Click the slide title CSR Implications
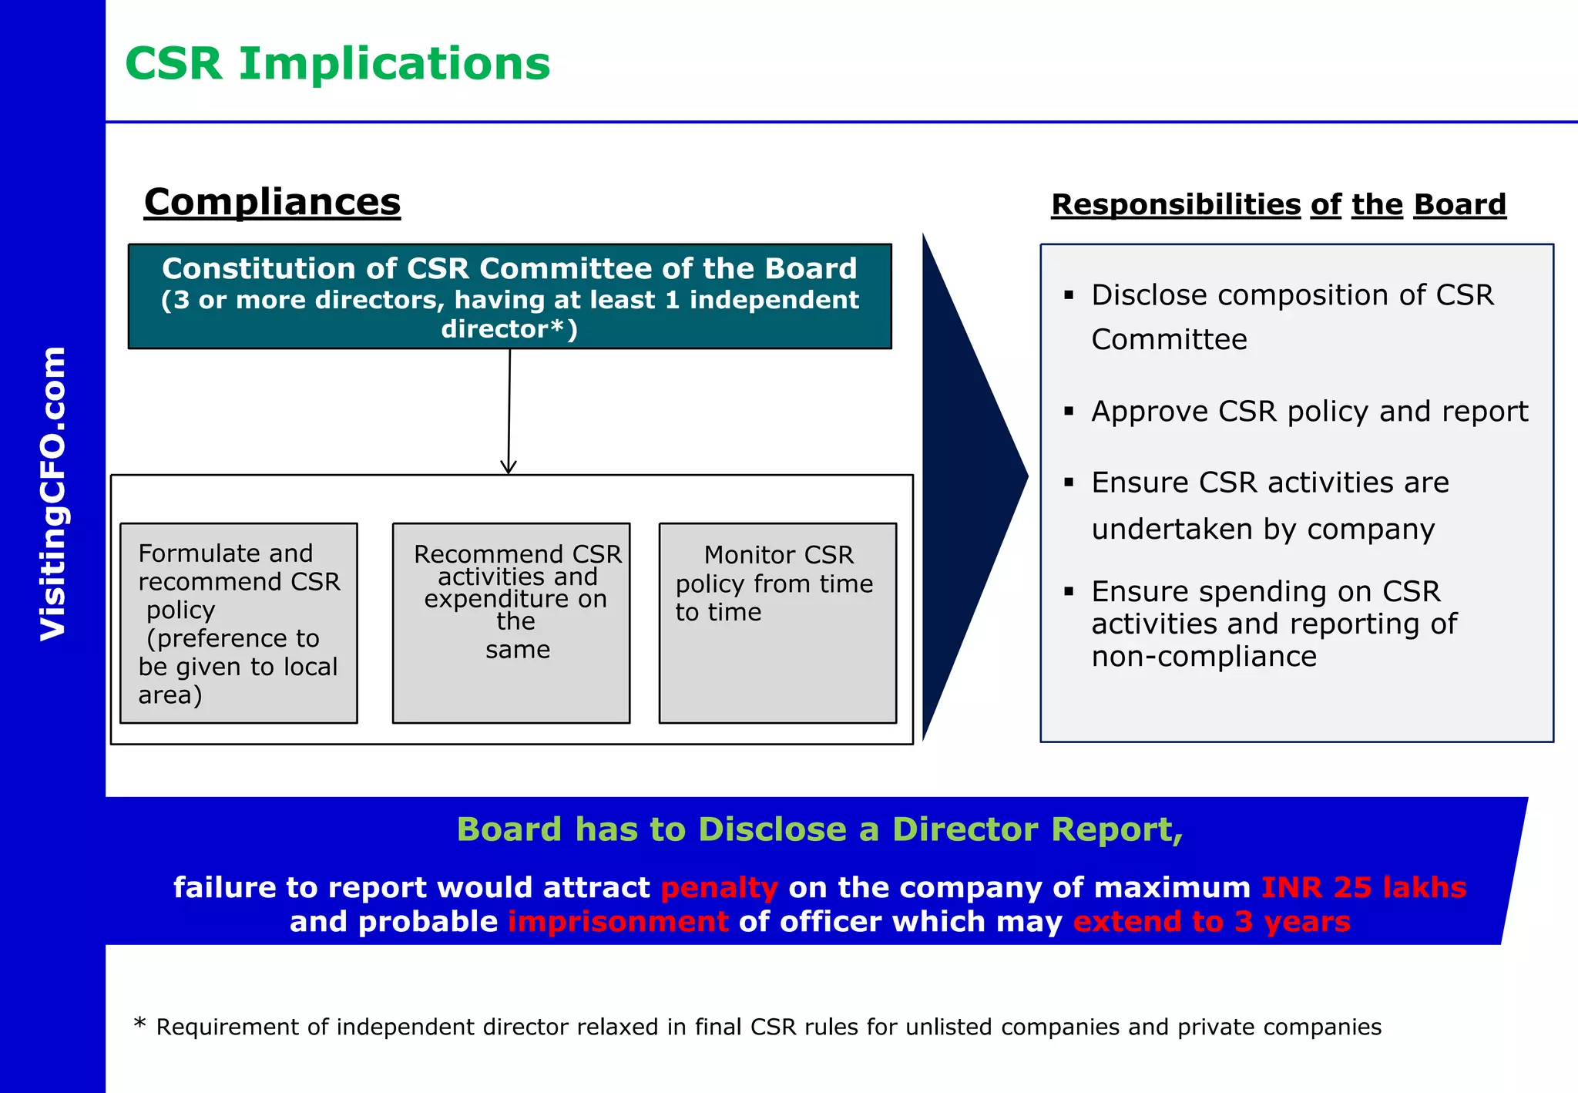(337, 64)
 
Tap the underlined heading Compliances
(272, 202)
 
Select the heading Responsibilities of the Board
(1278, 205)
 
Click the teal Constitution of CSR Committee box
(509, 297)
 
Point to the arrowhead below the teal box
(508, 466)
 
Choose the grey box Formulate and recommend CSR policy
(239, 623)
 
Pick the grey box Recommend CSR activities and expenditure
(511, 623)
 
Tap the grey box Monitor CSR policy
(777, 623)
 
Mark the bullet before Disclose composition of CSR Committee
(1069, 295)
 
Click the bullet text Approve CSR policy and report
(1309, 412)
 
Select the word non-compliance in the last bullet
(1204, 657)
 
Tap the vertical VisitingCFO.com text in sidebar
(54, 493)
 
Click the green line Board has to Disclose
(819, 830)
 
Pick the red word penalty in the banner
(719, 888)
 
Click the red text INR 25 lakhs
(1363, 888)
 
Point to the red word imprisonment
(618, 922)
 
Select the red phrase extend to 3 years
(1211, 922)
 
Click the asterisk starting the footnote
(139, 1024)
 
